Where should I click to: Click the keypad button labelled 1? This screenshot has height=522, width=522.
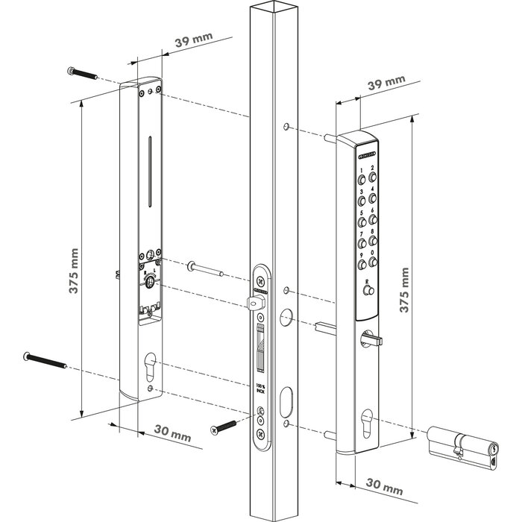coord(363,180)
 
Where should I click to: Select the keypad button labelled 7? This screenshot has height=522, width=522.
coord(363,245)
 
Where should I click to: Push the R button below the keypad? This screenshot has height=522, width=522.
coord(368,293)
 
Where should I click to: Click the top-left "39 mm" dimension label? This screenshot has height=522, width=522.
coord(186,39)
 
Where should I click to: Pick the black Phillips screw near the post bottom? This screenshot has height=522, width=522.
coord(224,427)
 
